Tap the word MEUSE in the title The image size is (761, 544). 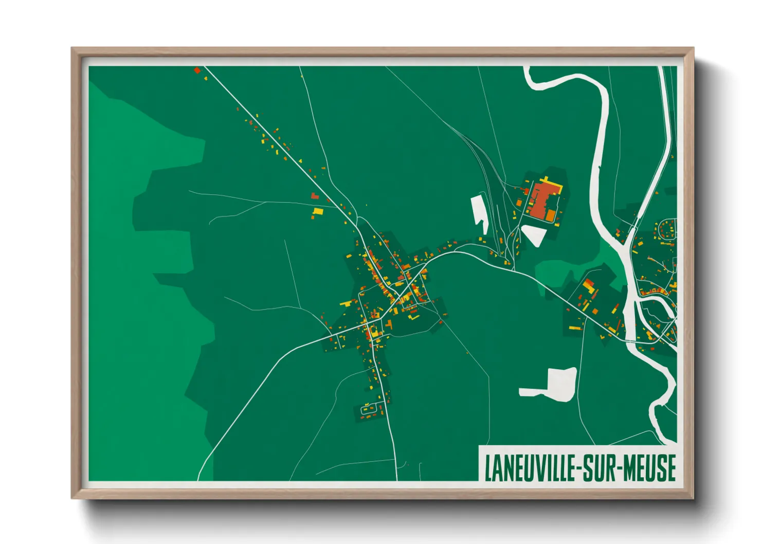click(649, 468)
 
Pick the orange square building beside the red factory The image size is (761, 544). click(551, 213)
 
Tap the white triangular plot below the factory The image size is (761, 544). click(534, 234)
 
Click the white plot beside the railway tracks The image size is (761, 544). click(479, 212)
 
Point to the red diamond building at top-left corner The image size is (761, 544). click(197, 70)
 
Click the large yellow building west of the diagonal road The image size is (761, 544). click(318, 211)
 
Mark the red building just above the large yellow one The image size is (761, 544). click(315, 195)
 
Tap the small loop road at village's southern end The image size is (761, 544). click(369, 410)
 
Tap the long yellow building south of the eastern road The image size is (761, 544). click(586, 306)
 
